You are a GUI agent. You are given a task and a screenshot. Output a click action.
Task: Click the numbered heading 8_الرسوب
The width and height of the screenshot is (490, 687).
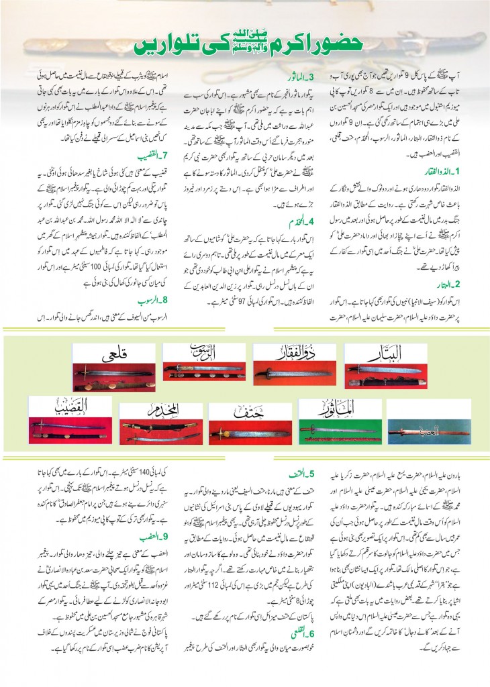pyautogui.click(x=149, y=300)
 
